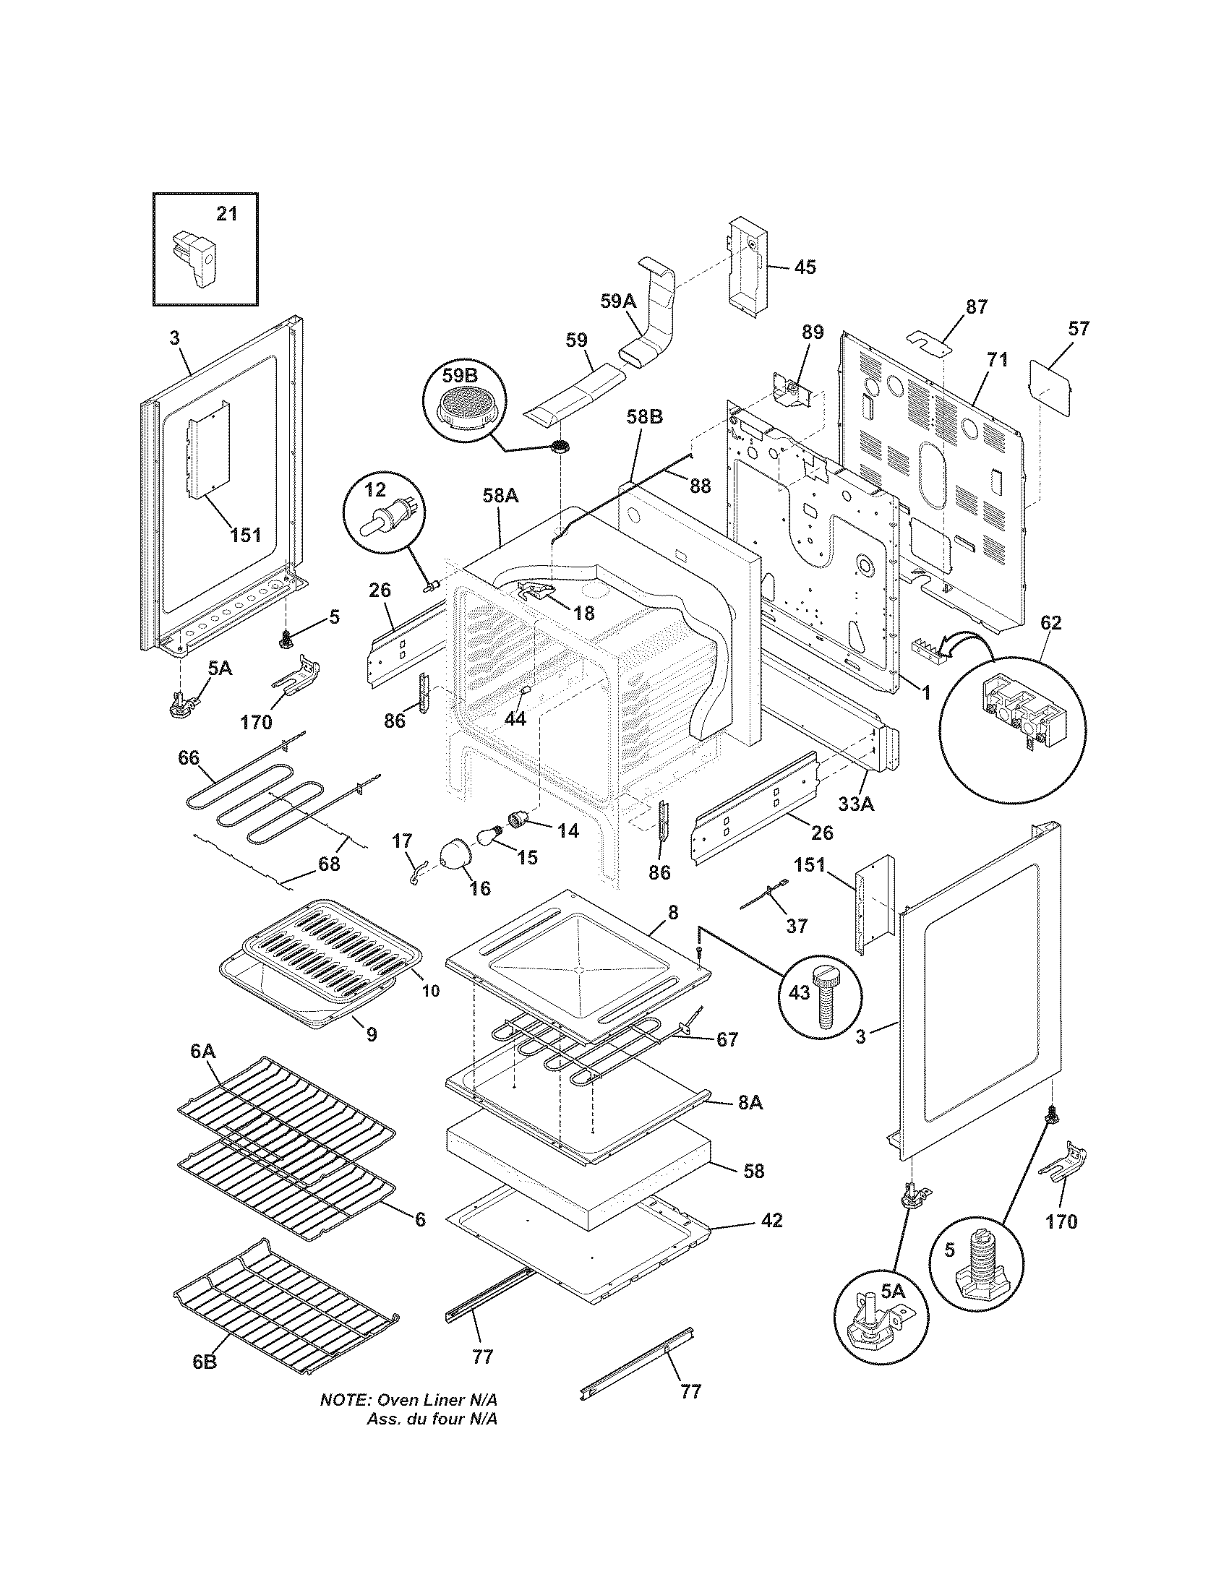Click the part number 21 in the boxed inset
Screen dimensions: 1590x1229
tap(227, 214)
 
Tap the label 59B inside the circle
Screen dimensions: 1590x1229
tap(461, 377)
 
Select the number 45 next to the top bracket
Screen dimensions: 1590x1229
tap(804, 267)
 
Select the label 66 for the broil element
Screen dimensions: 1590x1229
tap(189, 758)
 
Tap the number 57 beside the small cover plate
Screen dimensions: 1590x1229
tap(1079, 329)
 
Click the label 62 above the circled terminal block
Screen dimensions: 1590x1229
tap(1050, 622)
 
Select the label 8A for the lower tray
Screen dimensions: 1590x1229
tap(750, 1123)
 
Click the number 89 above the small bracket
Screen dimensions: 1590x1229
tap(813, 332)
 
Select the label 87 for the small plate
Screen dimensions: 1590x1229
tap(977, 307)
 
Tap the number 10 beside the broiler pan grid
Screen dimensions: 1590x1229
tap(431, 991)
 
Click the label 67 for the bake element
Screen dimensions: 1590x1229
tap(727, 1039)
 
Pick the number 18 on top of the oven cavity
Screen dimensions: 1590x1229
tap(583, 614)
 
